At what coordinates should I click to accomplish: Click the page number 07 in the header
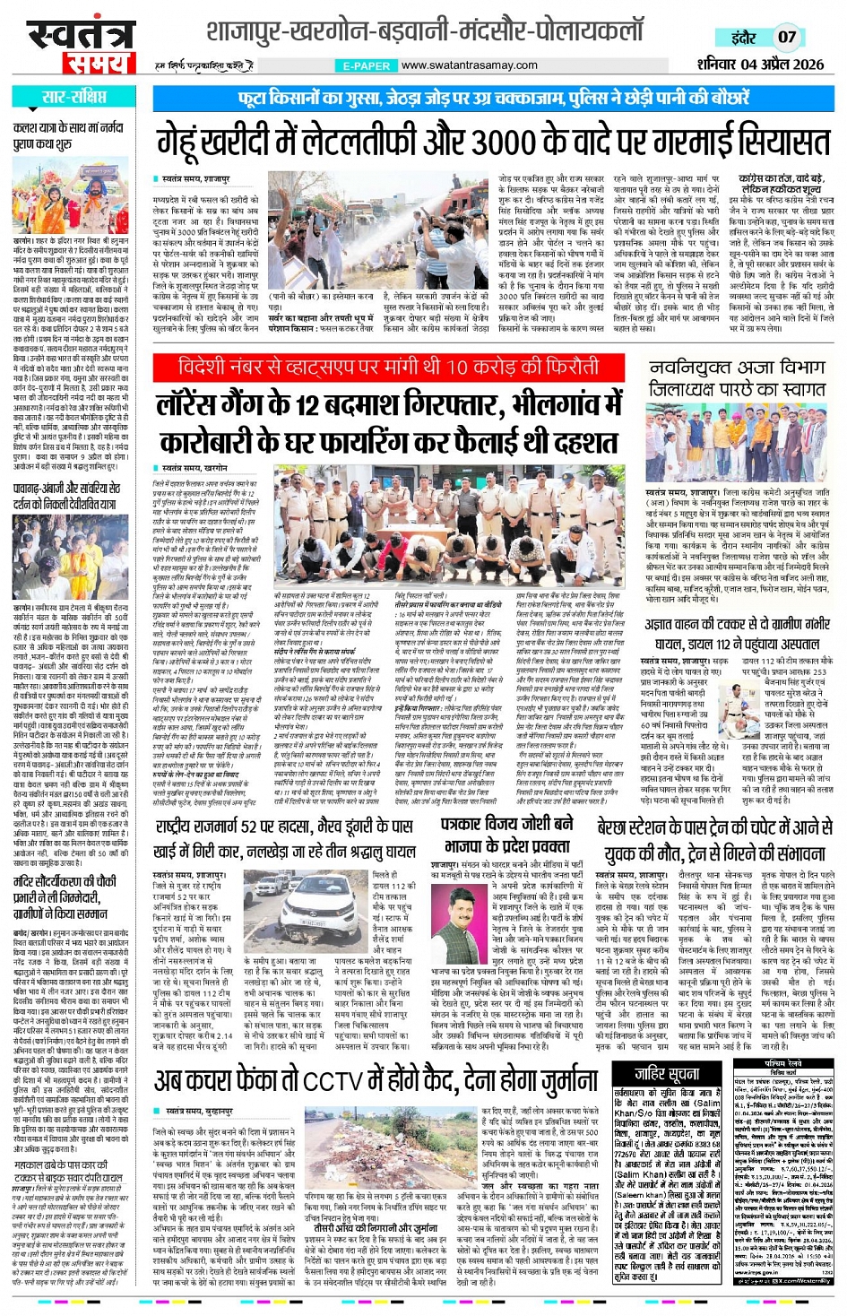click(x=786, y=38)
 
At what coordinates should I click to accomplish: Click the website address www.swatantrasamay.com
click(x=470, y=65)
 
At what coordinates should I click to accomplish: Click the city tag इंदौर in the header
click(x=743, y=38)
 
